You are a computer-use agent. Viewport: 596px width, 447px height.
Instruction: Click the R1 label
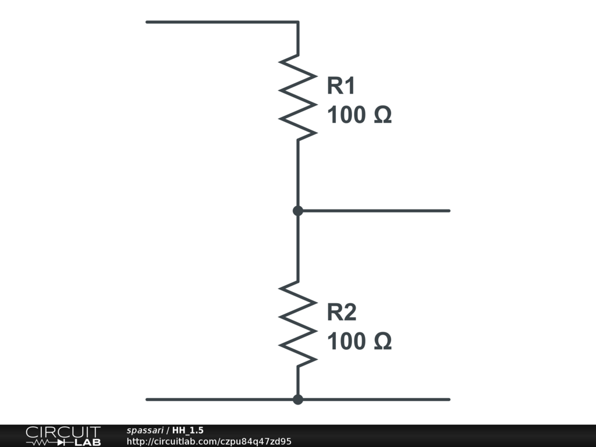click(341, 86)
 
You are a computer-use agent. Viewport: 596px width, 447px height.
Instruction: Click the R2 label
click(341, 313)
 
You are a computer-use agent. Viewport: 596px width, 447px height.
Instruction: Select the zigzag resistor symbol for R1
click(298, 97)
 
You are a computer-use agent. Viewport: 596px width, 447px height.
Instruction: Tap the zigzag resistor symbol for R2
click(298, 324)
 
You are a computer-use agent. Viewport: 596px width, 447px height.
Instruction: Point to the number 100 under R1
click(346, 115)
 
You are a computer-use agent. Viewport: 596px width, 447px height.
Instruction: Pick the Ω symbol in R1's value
click(382, 115)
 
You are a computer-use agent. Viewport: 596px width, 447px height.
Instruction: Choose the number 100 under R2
click(346, 342)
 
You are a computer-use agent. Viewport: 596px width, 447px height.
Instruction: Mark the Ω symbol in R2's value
click(382, 342)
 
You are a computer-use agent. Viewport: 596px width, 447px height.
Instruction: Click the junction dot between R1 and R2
click(298, 211)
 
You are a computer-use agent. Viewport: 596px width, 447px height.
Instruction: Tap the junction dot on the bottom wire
click(298, 399)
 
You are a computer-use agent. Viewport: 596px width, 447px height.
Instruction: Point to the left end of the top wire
click(147, 22)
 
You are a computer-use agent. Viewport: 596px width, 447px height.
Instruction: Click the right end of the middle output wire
click(449, 211)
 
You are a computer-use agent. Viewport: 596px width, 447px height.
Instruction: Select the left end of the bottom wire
click(147, 399)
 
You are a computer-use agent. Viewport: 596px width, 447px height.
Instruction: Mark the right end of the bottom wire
click(449, 399)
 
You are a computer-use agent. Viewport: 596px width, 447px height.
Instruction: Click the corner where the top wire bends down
click(298, 22)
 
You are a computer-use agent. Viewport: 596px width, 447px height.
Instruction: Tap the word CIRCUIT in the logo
click(63, 432)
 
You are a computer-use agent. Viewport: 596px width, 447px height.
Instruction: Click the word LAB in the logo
click(87, 442)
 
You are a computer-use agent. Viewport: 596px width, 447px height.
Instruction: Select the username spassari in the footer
click(145, 430)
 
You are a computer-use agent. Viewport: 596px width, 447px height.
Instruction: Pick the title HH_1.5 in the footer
click(188, 430)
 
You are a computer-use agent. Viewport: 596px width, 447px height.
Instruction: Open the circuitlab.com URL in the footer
click(208, 441)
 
